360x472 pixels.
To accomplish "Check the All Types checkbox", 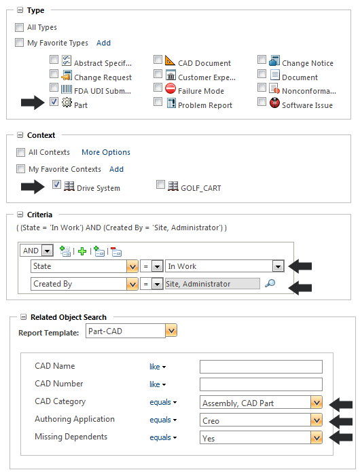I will click(20, 28).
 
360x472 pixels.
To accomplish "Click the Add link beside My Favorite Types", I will click(103, 43).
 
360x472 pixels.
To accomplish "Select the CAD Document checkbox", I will click(158, 60).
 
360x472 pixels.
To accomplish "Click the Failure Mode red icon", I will click(170, 89).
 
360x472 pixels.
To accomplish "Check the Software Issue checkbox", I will click(262, 103).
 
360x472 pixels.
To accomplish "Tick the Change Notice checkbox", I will click(262, 60).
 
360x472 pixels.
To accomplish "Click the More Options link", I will click(106, 152).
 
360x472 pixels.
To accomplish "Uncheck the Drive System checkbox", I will click(56, 185).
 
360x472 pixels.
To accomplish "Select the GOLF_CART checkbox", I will click(160, 185).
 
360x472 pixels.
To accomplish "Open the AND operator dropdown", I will click(47, 251).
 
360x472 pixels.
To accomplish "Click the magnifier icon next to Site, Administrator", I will click(270, 284).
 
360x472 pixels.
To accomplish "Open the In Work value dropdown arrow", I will click(277, 267).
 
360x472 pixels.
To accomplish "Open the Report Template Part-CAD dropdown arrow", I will click(171, 331).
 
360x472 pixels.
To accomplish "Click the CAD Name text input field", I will click(260, 367).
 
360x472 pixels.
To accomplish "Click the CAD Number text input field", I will click(260, 385).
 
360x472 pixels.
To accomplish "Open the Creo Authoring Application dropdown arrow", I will click(316, 420).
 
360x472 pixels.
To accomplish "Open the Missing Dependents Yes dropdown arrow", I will click(316, 438).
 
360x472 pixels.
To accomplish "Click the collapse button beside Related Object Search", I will click(24, 317).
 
